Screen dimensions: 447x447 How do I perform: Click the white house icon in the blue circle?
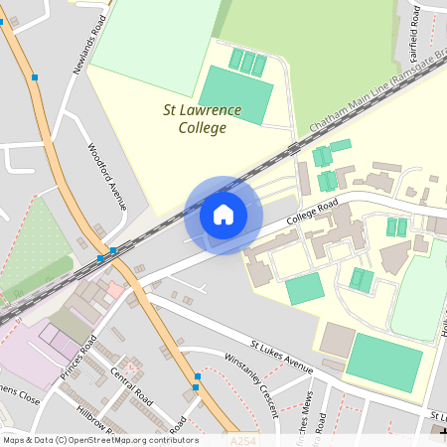(x=223, y=215)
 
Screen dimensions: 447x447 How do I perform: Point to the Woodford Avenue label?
(x=107, y=177)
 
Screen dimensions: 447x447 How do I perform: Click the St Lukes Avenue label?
(x=281, y=356)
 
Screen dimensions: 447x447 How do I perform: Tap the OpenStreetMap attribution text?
(x=99, y=439)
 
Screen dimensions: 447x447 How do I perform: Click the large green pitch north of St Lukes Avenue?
(x=383, y=363)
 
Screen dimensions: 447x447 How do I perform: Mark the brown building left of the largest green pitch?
(x=339, y=341)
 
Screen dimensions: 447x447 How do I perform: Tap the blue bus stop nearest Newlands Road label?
(x=35, y=76)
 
